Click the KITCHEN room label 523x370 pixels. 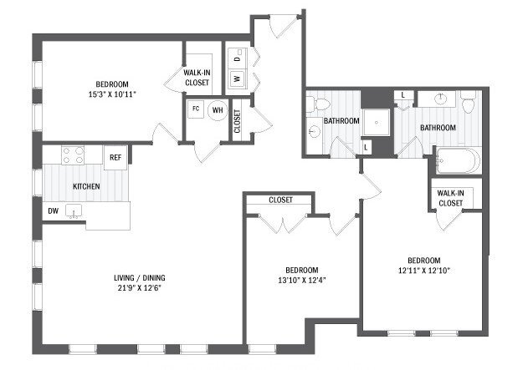click(x=87, y=186)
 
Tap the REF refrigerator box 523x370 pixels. click(x=115, y=156)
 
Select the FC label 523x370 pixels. click(x=196, y=109)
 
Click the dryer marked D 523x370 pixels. click(x=238, y=60)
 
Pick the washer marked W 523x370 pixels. click(x=238, y=79)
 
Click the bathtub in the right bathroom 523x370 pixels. click(x=457, y=160)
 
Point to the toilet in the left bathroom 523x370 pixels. click(x=313, y=105)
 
